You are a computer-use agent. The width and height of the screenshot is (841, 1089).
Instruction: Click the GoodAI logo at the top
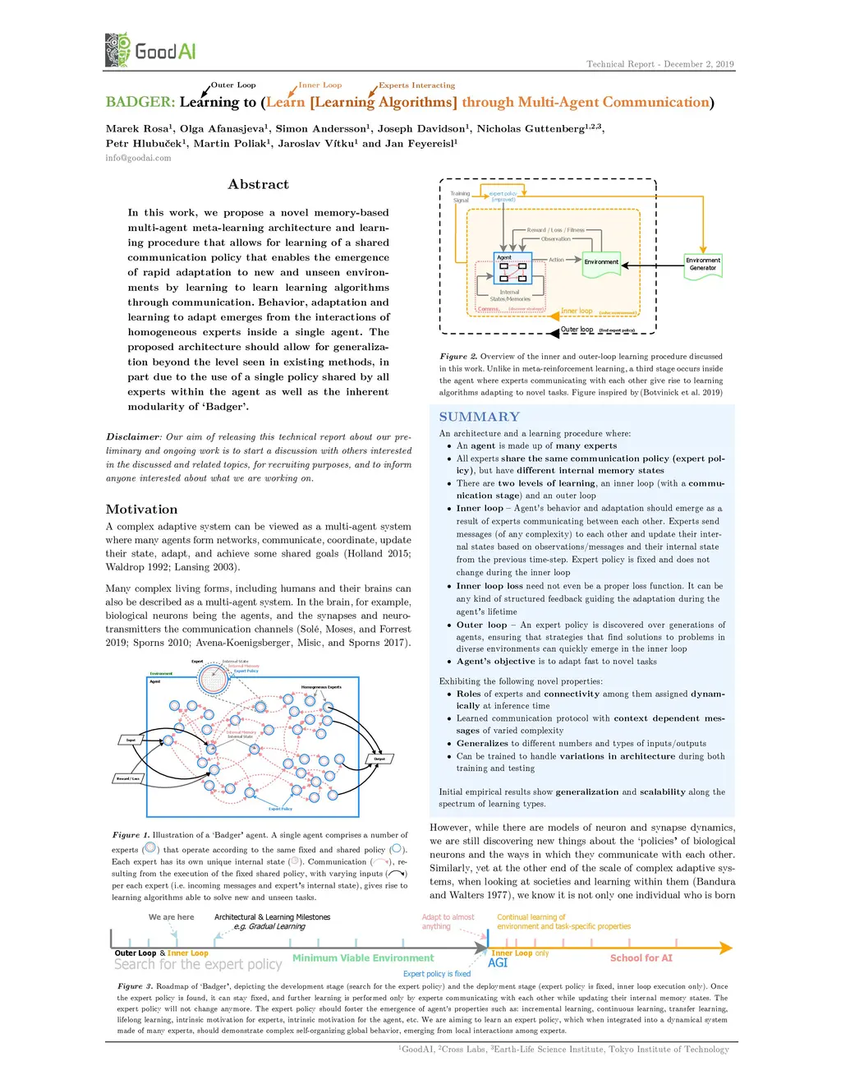tap(150, 51)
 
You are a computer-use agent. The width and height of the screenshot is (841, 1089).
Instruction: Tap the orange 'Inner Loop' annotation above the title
tap(320, 85)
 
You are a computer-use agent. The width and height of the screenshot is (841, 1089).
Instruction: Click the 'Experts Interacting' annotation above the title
tap(416, 85)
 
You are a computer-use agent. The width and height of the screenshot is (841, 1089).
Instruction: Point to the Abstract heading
tap(258, 185)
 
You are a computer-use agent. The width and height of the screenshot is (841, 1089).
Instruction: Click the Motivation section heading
tap(141, 510)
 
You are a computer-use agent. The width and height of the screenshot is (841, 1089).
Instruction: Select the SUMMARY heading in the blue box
tap(479, 417)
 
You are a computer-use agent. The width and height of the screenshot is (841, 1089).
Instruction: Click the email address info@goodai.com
tap(138, 158)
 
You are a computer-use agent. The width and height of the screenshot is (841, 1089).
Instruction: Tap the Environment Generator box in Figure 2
tap(702, 264)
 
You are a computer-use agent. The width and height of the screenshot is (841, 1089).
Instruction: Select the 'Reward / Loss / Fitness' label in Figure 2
tap(555, 230)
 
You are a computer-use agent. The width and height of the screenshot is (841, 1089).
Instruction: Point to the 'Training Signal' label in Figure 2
tap(460, 197)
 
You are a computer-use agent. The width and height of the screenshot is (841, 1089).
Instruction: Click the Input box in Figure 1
tap(131, 741)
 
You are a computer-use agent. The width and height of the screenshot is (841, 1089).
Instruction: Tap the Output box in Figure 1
tap(379, 759)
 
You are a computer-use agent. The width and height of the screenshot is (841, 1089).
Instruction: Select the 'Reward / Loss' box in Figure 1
tap(127, 778)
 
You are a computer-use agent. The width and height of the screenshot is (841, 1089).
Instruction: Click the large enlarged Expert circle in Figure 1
tap(213, 680)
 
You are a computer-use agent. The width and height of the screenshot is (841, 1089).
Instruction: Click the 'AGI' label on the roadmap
tap(498, 963)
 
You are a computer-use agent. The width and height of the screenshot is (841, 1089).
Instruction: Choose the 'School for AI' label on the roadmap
tap(641, 958)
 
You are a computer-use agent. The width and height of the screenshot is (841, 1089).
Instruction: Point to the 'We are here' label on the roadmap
tap(171, 917)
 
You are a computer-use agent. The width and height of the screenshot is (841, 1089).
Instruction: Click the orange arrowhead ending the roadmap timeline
tap(725, 948)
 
